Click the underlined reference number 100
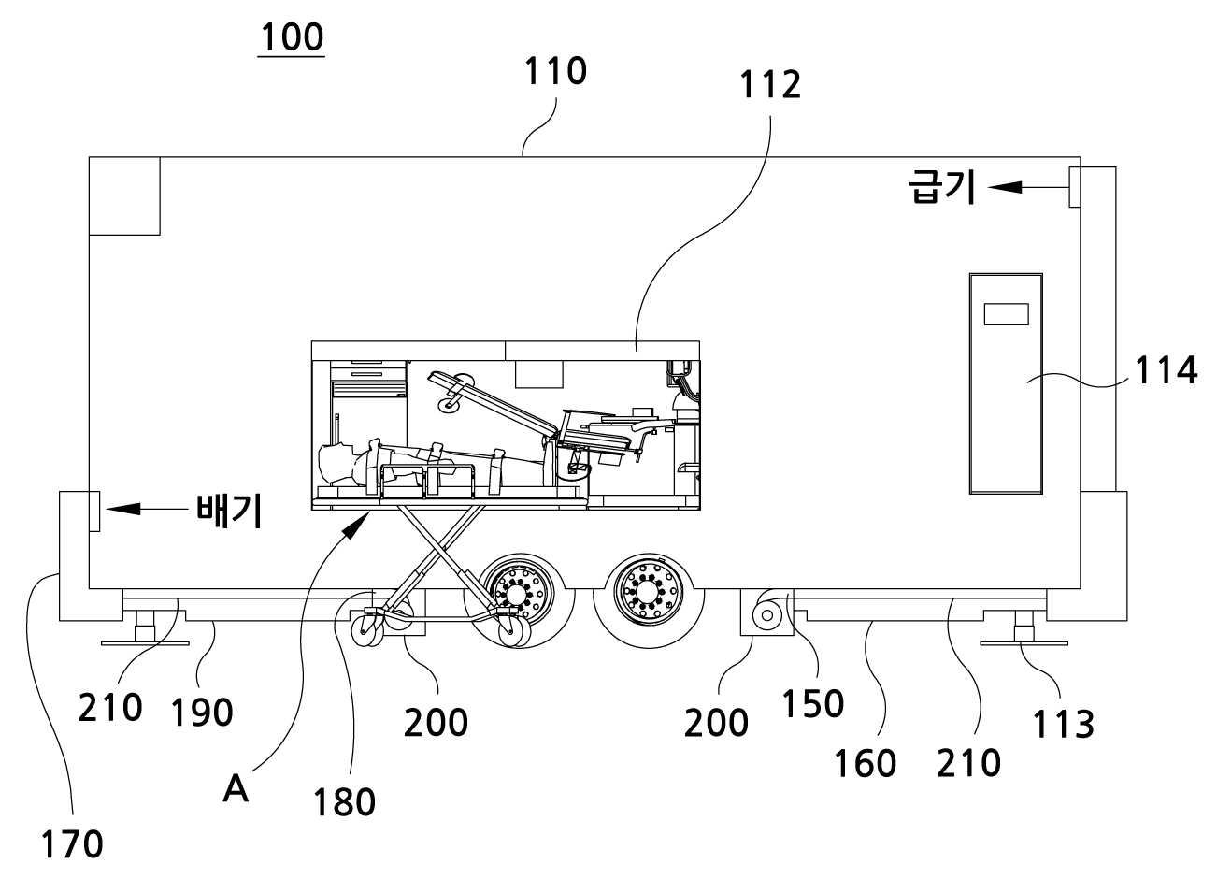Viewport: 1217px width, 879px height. point(292,37)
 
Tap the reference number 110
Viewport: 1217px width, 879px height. point(555,71)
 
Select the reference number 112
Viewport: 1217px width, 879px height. point(770,85)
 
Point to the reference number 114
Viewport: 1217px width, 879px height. point(1166,370)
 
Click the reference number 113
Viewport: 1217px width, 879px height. point(1063,725)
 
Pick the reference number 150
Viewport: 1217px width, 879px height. point(813,703)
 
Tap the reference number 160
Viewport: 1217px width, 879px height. point(865,763)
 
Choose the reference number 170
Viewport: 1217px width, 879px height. point(72,844)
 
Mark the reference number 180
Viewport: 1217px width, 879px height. point(345,802)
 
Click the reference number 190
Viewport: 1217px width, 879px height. point(202,713)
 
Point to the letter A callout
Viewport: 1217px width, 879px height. point(236,789)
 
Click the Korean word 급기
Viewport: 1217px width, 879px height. point(942,187)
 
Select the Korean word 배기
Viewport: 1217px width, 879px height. point(229,511)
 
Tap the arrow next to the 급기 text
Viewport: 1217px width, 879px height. point(1028,188)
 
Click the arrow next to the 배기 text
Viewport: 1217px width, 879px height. point(148,510)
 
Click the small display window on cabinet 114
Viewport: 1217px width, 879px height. point(1006,314)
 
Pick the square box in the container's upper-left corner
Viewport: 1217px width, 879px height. point(124,196)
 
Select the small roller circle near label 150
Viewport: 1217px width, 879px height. point(767,615)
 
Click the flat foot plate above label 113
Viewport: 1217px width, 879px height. point(1024,643)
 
